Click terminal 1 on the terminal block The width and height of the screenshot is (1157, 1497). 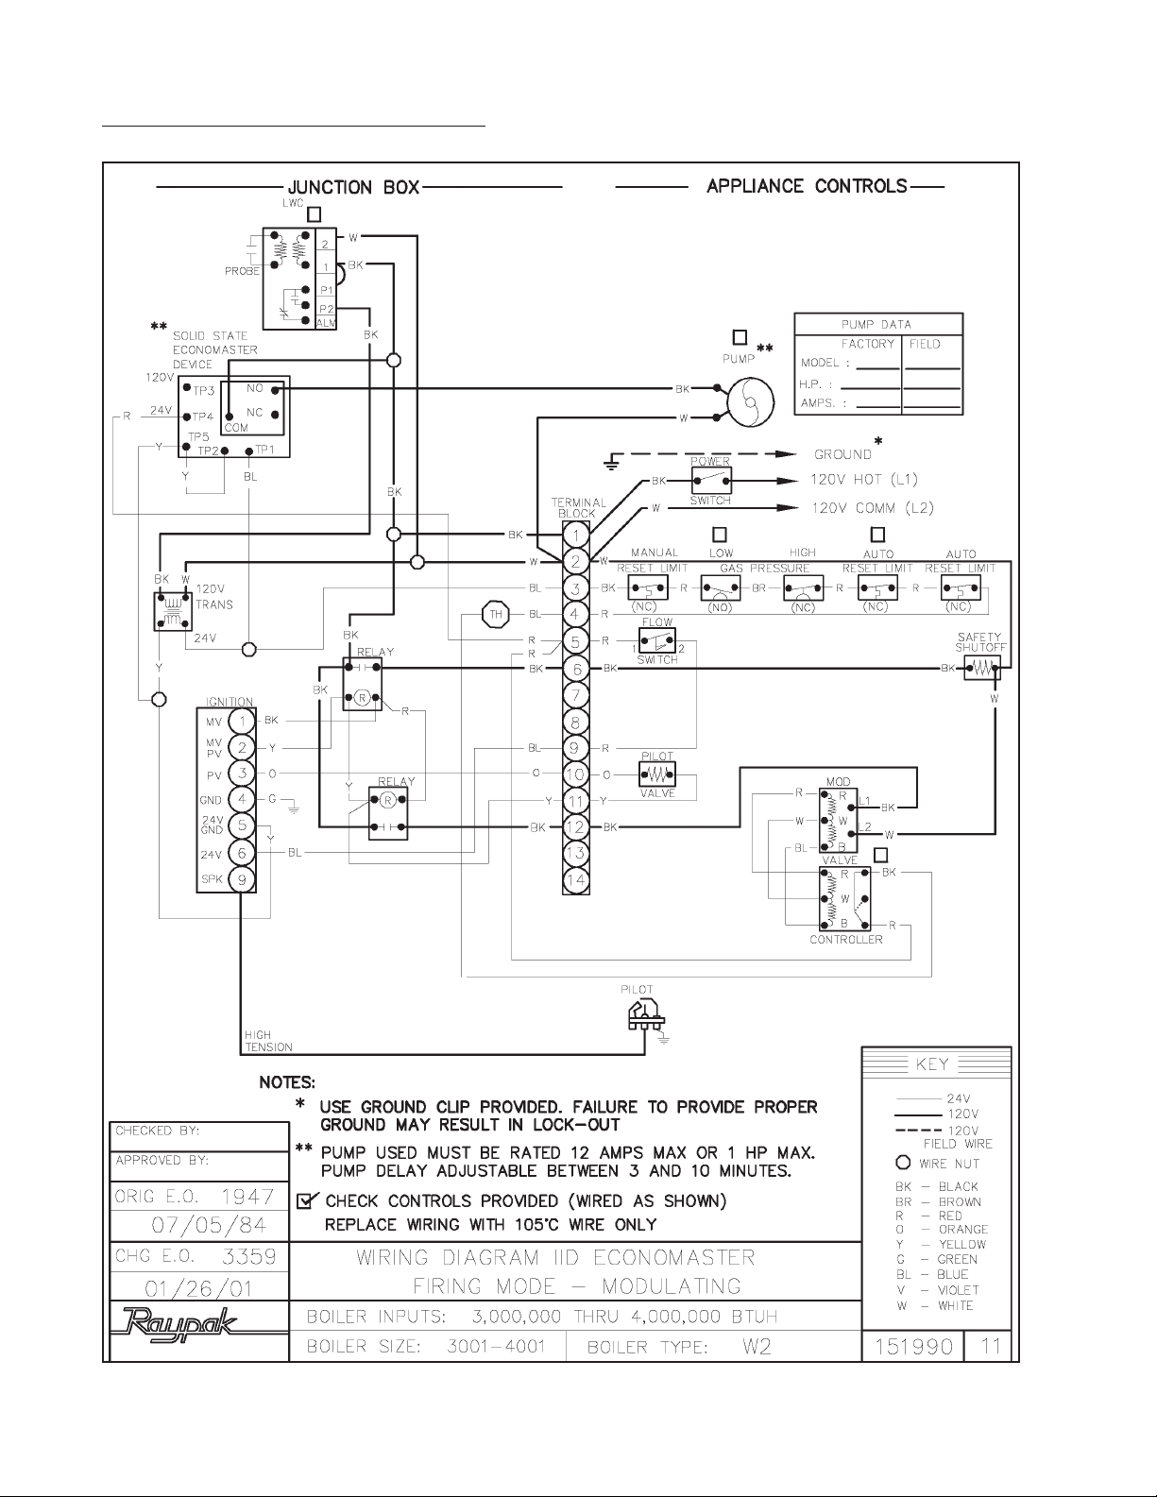pyautogui.click(x=576, y=535)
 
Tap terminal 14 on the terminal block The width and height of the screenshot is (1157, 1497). pyautogui.click(x=576, y=880)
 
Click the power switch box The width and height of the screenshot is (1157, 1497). pyautogui.click(x=711, y=481)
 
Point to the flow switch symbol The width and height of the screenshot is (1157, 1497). pyautogui.click(x=656, y=641)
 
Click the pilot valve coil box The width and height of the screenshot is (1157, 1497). pyautogui.click(x=657, y=775)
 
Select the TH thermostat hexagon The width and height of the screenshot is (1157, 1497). pyautogui.click(x=495, y=615)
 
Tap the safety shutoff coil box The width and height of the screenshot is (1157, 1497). pyautogui.click(x=981, y=669)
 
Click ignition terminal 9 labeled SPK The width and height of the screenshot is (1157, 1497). pyautogui.click(x=242, y=879)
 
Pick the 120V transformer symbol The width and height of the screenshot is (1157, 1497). pyautogui.click(x=173, y=610)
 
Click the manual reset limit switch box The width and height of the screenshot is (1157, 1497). pyautogui.click(x=647, y=588)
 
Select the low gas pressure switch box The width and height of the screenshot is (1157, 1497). pyautogui.click(x=721, y=588)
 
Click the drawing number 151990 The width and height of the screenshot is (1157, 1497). pyautogui.click(x=911, y=1346)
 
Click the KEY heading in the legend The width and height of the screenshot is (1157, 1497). pyautogui.click(x=933, y=1064)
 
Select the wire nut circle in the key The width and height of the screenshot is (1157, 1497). pyautogui.click(x=903, y=1163)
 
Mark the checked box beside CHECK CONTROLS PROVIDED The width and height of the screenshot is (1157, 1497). pyautogui.click(x=306, y=1201)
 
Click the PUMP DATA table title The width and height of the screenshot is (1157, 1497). pyautogui.click(x=876, y=324)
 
